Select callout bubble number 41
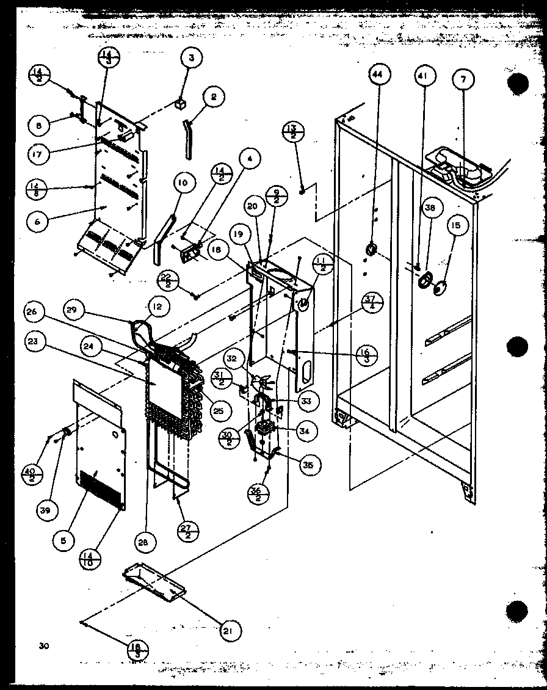422,77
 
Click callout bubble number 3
191,59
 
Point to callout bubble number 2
213,96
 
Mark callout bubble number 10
183,182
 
